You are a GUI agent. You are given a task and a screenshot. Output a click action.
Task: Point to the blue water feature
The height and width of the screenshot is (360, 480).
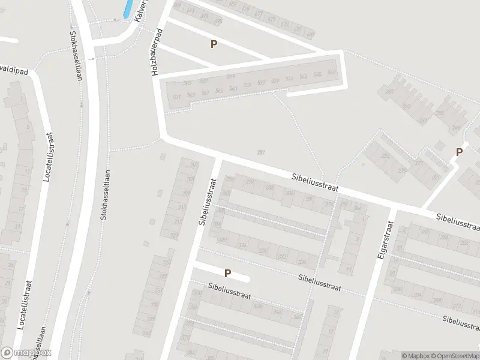pos(128,8)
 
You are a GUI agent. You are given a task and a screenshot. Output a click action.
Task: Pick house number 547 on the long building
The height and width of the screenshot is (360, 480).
pos(332,73)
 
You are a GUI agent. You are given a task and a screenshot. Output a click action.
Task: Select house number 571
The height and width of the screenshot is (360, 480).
pos(176,97)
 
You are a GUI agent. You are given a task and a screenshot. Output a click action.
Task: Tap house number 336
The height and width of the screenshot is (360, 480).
pos(302,262)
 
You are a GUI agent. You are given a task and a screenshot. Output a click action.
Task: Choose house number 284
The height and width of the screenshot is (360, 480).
pos(270,187)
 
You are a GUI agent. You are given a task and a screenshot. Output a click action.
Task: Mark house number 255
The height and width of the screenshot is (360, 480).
pos(439,112)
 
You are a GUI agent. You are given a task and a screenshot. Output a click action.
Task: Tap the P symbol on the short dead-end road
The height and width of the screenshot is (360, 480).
pos(227,273)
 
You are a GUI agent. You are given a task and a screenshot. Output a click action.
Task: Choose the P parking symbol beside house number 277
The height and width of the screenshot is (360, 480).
pos(459,152)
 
